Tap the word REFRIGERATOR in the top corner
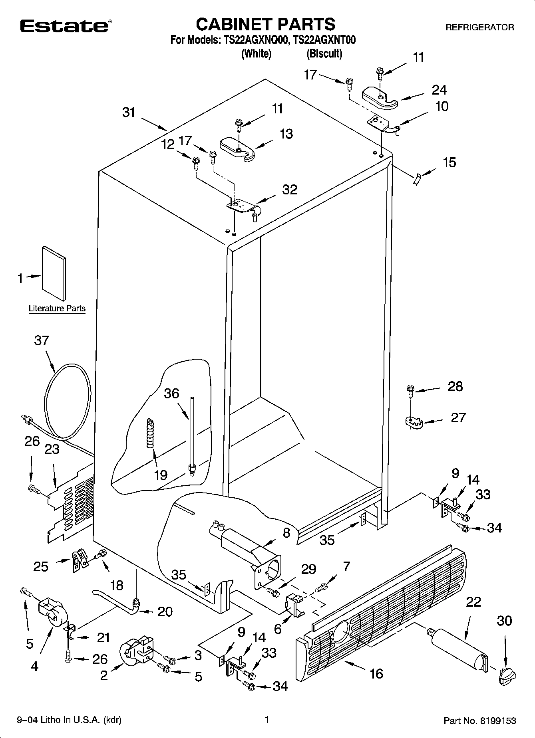479,28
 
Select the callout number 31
129,113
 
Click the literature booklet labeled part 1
54,273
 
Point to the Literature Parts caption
57,309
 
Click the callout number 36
172,393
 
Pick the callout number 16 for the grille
376,673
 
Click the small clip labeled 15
417,179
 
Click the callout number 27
458,417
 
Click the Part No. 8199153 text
480,721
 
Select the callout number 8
286,533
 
